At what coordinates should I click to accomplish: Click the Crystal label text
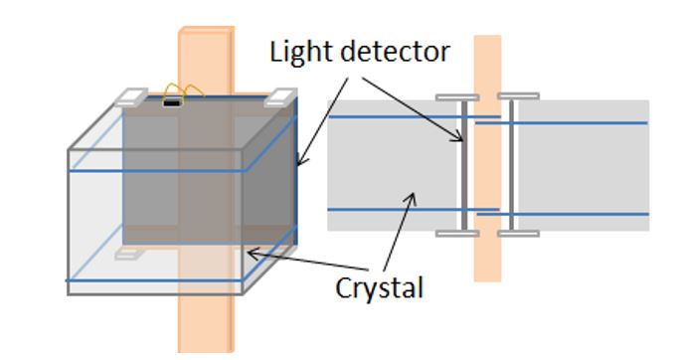(x=379, y=287)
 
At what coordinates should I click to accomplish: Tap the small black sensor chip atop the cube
(x=172, y=100)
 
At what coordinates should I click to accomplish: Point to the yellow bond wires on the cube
(x=183, y=90)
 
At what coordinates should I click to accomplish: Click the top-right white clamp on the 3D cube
(x=280, y=97)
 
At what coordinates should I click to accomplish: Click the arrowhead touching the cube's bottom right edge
(x=251, y=255)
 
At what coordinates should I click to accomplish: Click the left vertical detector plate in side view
(x=461, y=166)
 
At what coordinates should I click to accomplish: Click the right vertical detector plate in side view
(x=511, y=166)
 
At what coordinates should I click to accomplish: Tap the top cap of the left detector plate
(x=456, y=97)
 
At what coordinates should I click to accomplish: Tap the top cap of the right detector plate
(x=518, y=97)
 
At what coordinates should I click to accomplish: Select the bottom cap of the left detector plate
(x=456, y=234)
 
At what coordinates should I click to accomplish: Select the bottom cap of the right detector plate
(x=518, y=234)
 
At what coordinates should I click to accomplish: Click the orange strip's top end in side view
(x=487, y=45)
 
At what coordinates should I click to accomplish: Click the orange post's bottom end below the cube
(x=206, y=338)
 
